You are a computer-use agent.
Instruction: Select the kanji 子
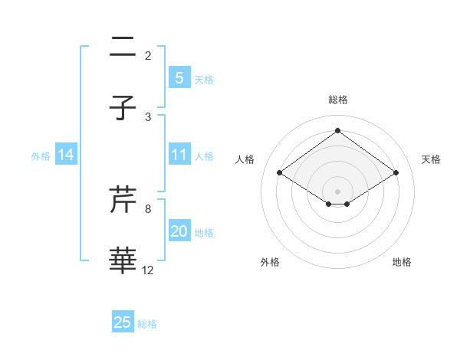tap(123, 109)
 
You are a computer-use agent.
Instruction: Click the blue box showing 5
tap(179, 78)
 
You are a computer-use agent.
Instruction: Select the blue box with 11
tap(179, 155)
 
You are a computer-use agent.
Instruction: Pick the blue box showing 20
tap(179, 232)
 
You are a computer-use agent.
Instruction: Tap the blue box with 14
tap(66, 155)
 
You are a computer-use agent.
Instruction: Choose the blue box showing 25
tap(123, 323)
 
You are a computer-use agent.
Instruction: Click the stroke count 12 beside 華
tap(148, 270)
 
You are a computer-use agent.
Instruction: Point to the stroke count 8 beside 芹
tap(148, 208)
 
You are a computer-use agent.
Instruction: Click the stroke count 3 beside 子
tap(148, 117)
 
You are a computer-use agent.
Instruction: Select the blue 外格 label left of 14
tap(41, 156)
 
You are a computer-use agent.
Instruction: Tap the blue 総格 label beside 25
tap(147, 324)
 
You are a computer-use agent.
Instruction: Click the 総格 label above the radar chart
tap(337, 100)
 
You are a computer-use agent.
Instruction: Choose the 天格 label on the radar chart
tap(432, 159)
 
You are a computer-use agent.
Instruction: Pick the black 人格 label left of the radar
tap(245, 159)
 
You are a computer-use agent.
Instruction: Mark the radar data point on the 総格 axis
tap(337, 130)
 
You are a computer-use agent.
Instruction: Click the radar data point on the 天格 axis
tap(396, 174)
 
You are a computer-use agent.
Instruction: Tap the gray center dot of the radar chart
tap(337, 191)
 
